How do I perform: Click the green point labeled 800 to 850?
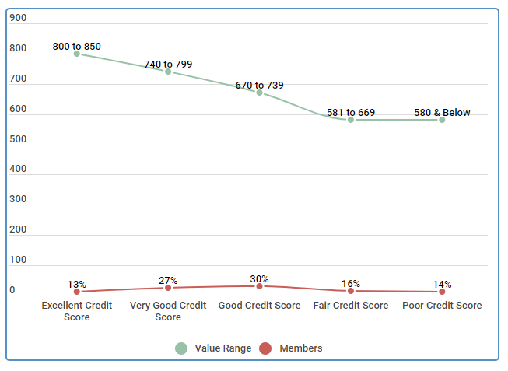coord(77,54)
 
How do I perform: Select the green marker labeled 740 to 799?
coord(168,72)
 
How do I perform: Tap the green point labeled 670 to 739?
coord(260,93)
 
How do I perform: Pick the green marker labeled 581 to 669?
coord(351,120)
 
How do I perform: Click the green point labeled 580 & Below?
coord(442,120)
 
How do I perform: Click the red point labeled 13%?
coord(77,292)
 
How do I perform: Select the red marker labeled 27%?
coord(168,288)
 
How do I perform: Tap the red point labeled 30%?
coord(260,286)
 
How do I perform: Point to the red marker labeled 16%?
coord(351,291)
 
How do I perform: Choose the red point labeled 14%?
coord(442,292)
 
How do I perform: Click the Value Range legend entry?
coord(213,348)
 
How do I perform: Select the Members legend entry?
coord(291,348)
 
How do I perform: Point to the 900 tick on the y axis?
coord(18,18)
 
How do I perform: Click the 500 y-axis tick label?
coord(18,139)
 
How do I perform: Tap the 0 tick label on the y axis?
coord(12,290)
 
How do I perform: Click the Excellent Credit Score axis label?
coord(77,311)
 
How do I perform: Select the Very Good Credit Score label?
coord(168,311)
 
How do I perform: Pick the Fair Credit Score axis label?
coord(351,306)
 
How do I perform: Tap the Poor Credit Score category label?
coord(442,306)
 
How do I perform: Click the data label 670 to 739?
coord(260,85)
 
